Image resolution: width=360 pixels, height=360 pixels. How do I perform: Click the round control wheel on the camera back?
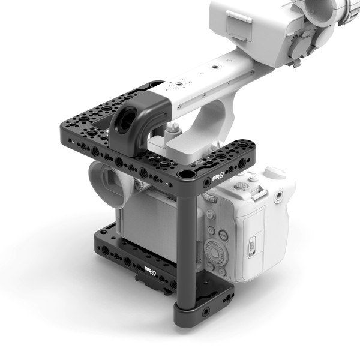(x=214, y=253)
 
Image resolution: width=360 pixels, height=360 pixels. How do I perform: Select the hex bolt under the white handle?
(x=174, y=128)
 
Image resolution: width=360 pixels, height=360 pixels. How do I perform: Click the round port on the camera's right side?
(x=278, y=196)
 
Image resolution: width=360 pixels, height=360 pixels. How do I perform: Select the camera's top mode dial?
(x=275, y=172)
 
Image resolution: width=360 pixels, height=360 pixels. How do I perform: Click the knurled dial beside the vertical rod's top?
(x=209, y=196)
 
